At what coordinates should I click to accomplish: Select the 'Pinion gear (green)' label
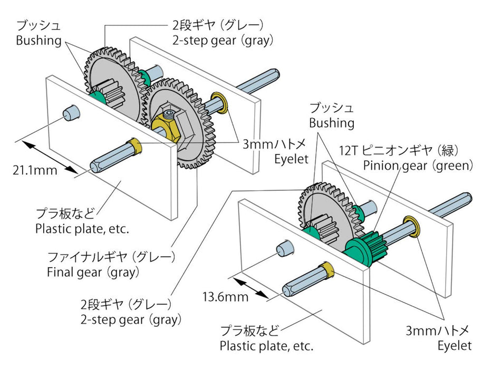(x=418, y=166)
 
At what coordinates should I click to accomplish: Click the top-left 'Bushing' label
(x=38, y=41)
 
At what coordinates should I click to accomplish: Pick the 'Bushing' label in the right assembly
(x=331, y=123)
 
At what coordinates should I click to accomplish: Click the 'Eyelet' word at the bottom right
(x=455, y=346)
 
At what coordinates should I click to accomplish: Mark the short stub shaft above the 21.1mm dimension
(x=70, y=112)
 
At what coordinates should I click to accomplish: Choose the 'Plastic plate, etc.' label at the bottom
(x=266, y=346)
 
